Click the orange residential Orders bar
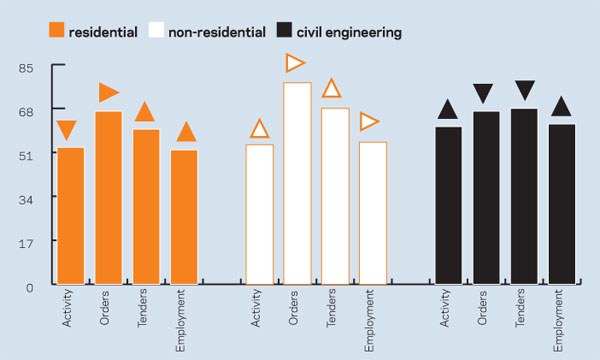(x=109, y=198)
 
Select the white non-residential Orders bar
(x=297, y=183)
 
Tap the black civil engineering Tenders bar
(x=524, y=196)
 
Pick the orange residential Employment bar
(x=184, y=217)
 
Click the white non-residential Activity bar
(x=259, y=214)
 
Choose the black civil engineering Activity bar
(x=448, y=205)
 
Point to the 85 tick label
(x=26, y=68)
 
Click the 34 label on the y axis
(x=26, y=200)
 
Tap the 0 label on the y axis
(x=30, y=288)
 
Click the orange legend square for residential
(x=57, y=30)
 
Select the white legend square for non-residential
(x=156, y=30)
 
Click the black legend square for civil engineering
(x=284, y=30)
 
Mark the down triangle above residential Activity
(x=67, y=130)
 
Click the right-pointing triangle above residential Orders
(x=109, y=92)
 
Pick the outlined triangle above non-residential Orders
(x=295, y=63)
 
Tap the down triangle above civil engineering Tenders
(x=525, y=90)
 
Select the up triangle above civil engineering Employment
(x=561, y=106)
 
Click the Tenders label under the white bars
(x=331, y=308)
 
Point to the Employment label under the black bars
(x=558, y=321)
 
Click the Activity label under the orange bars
(x=67, y=308)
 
